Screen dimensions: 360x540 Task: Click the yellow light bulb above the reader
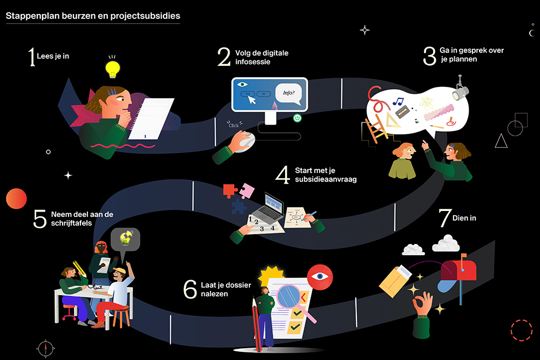coord(112,69)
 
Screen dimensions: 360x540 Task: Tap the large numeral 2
coord(224,57)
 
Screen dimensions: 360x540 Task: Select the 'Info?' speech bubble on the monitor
coord(288,93)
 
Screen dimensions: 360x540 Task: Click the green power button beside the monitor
coord(296,118)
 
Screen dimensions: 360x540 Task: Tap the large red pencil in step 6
coord(254,324)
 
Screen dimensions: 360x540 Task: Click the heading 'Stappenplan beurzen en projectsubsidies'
coord(93,16)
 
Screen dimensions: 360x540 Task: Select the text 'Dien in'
coord(465,218)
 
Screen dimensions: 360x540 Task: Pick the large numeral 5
coord(40,219)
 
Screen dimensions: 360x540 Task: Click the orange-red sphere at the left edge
coord(16,199)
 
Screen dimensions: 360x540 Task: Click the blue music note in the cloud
coord(397,101)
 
